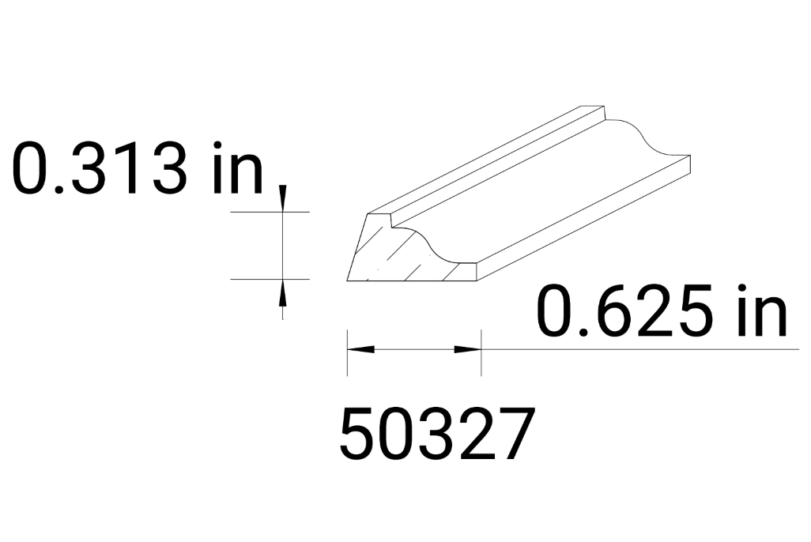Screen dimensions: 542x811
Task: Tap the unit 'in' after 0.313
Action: tap(237, 167)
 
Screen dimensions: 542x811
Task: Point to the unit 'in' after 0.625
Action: tap(761, 311)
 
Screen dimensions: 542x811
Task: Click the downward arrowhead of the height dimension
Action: tap(283, 202)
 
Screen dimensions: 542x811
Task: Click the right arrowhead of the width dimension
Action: tap(469, 348)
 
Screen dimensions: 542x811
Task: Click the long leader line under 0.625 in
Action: tap(640, 348)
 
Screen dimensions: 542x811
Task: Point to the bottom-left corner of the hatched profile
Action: tap(348, 280)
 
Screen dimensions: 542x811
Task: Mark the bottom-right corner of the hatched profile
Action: tap(480, 280)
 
